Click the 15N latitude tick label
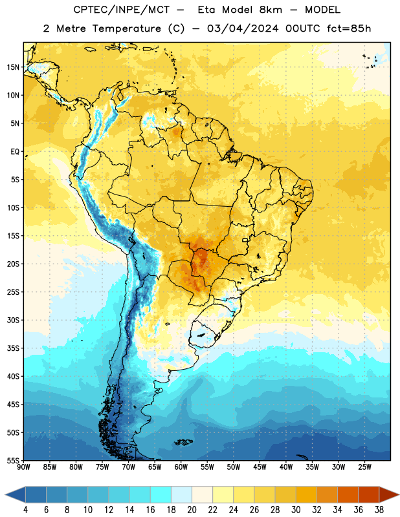coord(13,67)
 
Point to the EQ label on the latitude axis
coord(15,152)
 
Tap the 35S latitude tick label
coord(13,348)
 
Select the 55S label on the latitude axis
coord(13,460)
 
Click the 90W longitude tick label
coord(23,467)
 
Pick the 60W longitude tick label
coord(181,467)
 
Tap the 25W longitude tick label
coord(364,467)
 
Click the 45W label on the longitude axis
coord(260,467)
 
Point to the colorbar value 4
coord(25,510)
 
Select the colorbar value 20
coord(192,510)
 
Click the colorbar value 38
coord(379,510)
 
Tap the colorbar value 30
coord(296,510)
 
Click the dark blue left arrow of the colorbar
coord(15,494)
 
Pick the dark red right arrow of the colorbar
coord(389,494)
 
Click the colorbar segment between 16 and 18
coord(161,494)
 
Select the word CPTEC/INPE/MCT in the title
coord(121,10)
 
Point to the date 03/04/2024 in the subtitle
coord(243,28)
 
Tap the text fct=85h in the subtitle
coord(349,28)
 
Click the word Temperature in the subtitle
coord(126,29)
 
